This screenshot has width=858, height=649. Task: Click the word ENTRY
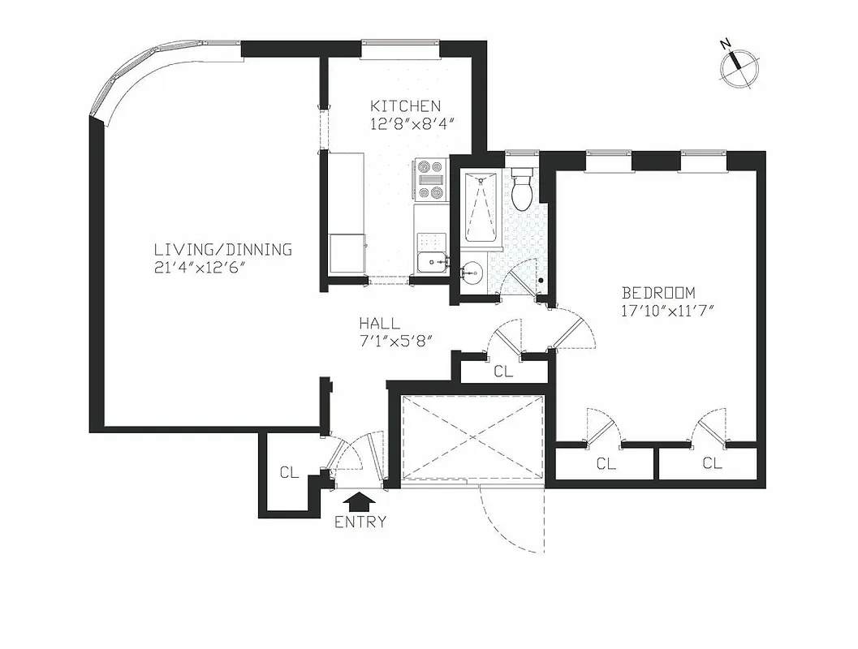pos(360,522)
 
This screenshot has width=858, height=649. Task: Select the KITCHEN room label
pos(405,106)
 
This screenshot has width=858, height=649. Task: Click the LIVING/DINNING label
pos(223,250)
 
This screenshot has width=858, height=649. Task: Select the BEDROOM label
pos(658,293)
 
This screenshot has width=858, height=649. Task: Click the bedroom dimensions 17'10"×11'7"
pos(666,311)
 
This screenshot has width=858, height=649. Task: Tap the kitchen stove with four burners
pos(430,178)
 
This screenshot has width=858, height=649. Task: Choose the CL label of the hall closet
pos(503,372)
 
